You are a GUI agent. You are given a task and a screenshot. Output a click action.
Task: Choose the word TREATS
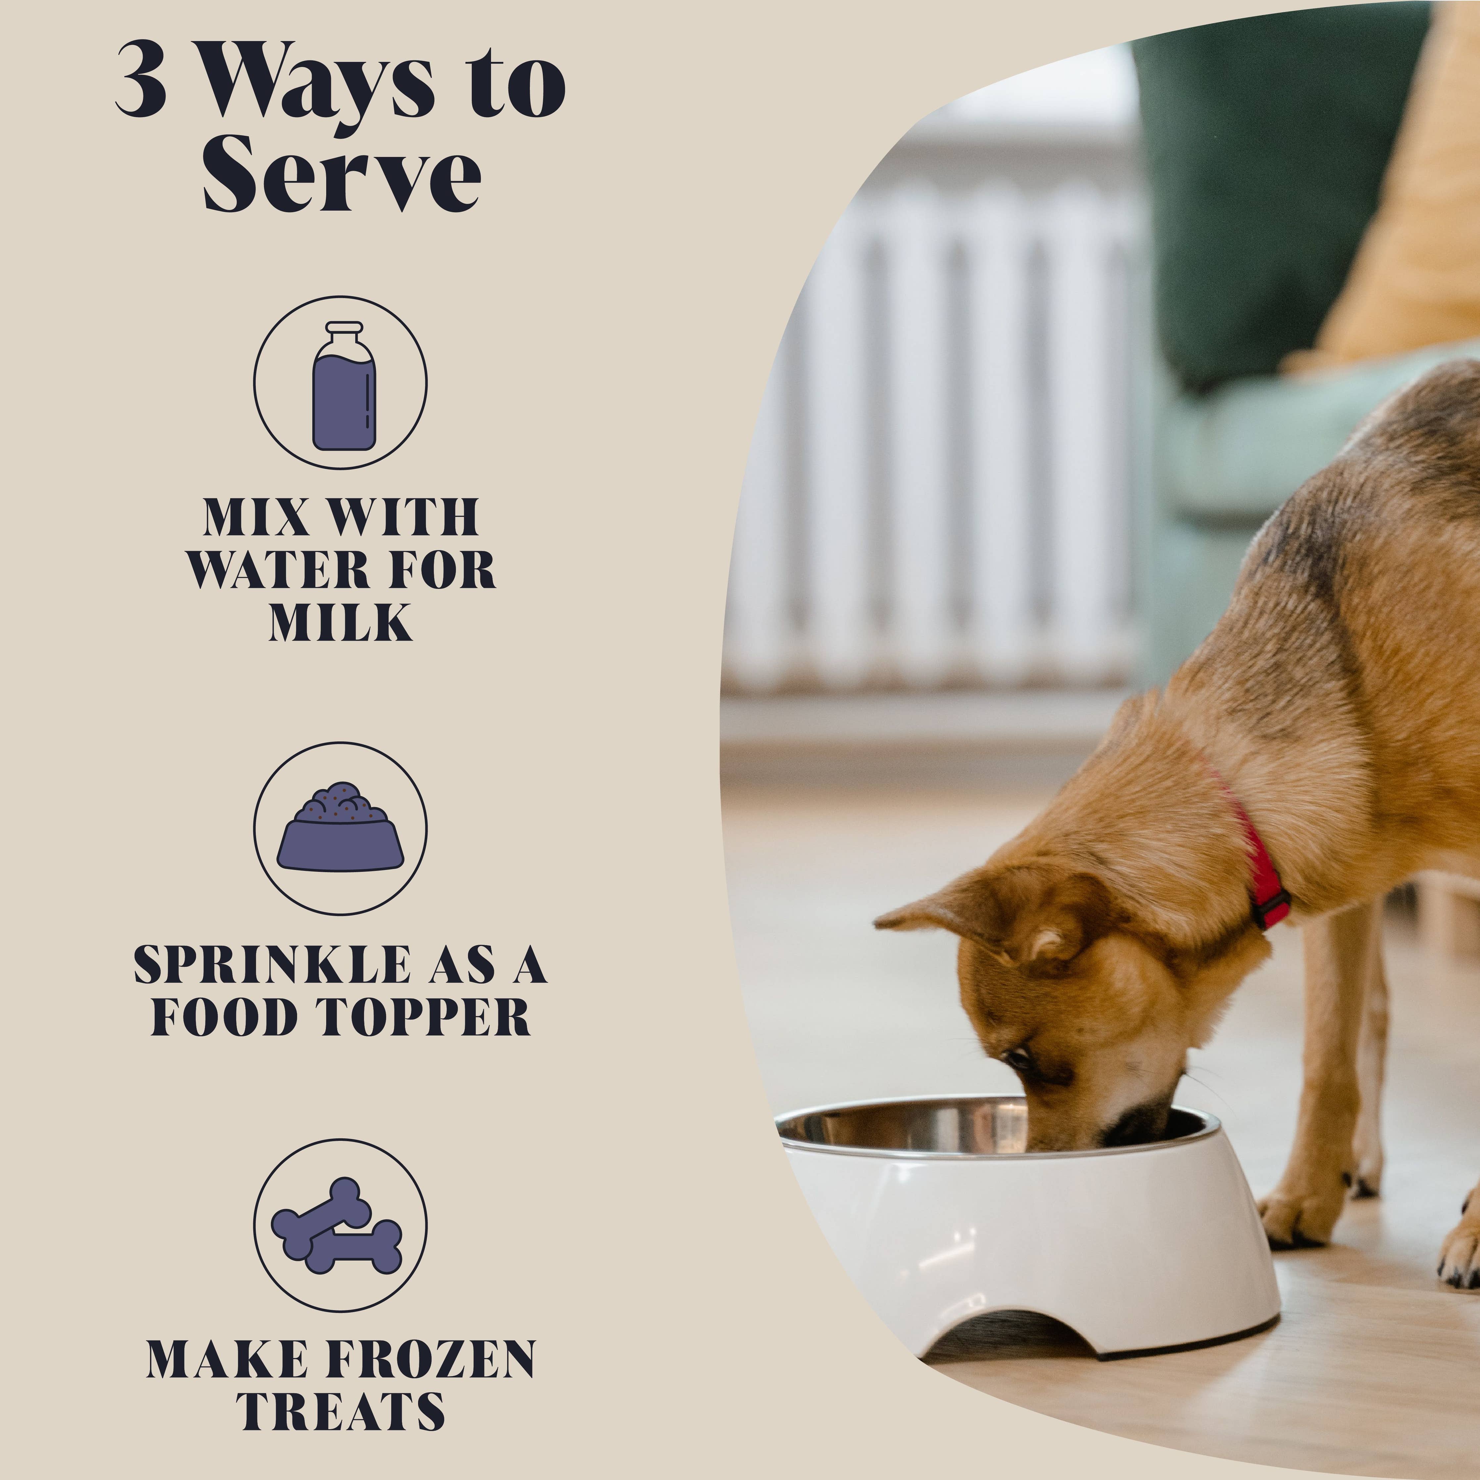pos(340,1411)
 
